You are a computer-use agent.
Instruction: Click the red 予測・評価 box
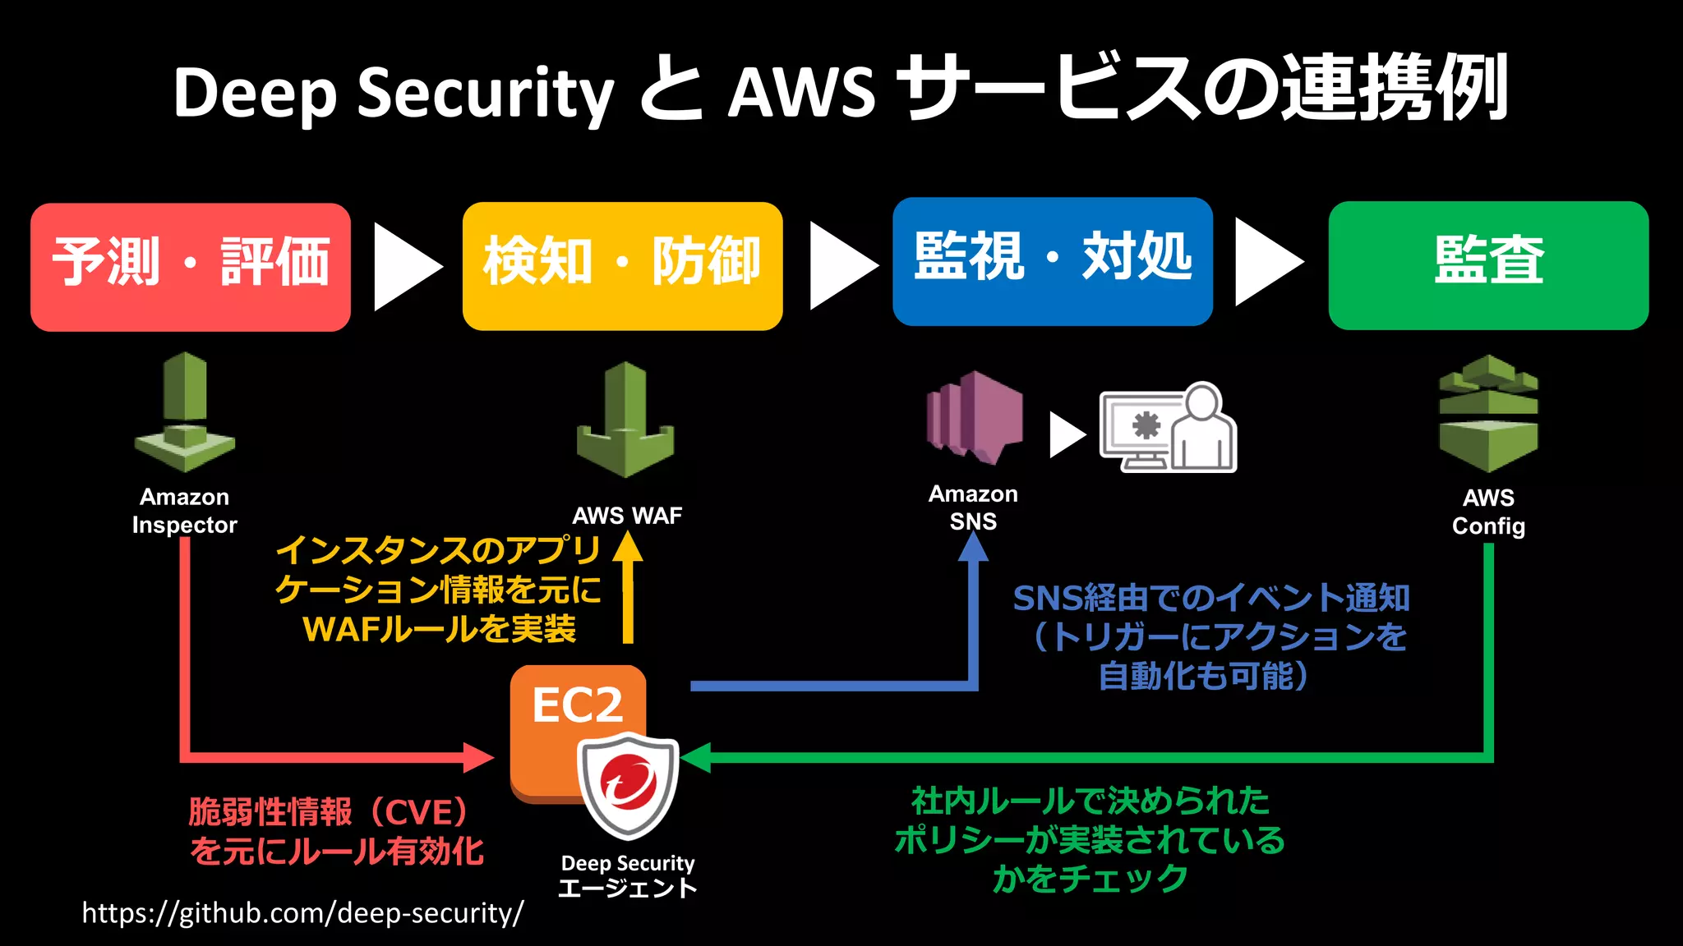pos(191,267)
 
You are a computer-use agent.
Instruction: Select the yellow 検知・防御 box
pos(622,266)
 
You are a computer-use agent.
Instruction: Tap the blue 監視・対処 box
pos(1053,261)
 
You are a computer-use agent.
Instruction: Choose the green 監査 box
pos(1488,265)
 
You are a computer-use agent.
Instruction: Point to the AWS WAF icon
pos(625,420)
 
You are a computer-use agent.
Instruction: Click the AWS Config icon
pos(1488,414)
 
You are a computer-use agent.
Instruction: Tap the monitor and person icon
pos(1169,428)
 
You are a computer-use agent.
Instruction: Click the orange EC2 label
pos(577,705)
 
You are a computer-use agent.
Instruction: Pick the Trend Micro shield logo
pos(629,784)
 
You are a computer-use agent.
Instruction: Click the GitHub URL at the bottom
pos(302,913)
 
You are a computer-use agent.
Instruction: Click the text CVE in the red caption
pos(419,812)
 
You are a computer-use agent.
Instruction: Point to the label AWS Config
pos(1488,512)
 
